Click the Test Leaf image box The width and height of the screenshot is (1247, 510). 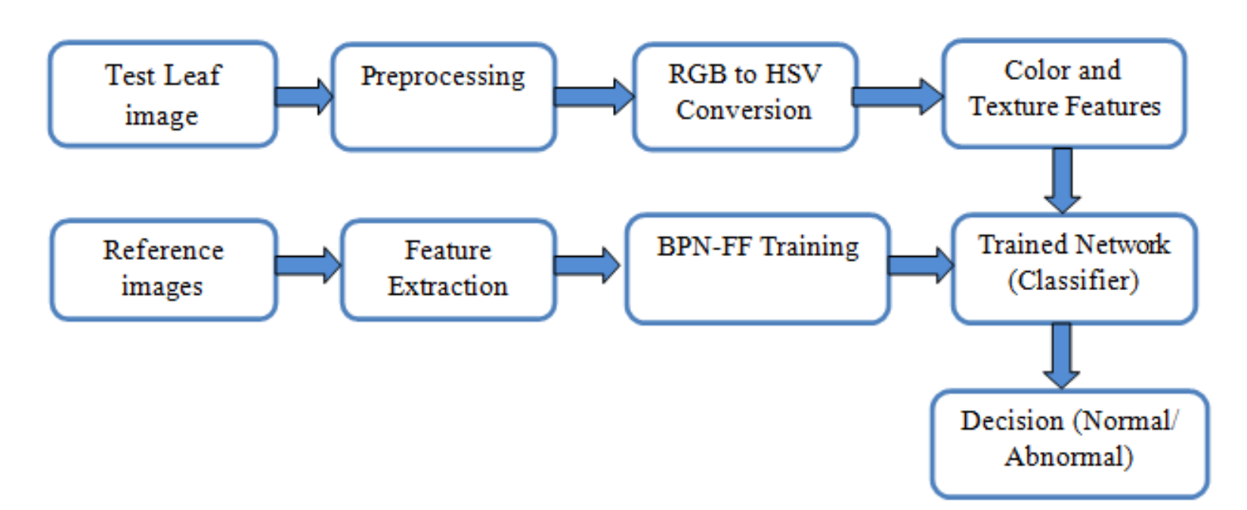click(x=163, y=94)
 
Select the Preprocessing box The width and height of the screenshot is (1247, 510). click(x=444, y=97)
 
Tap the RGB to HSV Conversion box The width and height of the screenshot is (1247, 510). click(x=745, y=97)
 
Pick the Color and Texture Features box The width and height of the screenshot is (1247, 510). click(x=1064, y=94)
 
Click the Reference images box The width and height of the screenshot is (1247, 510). click(x=164, y=270)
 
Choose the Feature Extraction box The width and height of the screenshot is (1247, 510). click(x=449, y=270)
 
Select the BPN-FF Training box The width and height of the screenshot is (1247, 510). click(x=758, y=269)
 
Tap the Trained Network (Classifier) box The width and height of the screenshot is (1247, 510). click(x=1075, y=269)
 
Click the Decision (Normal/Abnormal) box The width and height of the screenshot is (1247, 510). click(x=1069, y=444)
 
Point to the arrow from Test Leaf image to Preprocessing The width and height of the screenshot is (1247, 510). click(x=304, y=97)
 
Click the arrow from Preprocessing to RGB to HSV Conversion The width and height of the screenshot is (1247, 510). click(x=594, y=97)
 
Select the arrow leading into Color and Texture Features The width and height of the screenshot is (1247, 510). click(x=897, y=97)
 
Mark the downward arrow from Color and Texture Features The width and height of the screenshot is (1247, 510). click(x=1063, y=181)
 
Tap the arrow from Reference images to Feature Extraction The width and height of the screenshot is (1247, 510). click(x=308, y=265)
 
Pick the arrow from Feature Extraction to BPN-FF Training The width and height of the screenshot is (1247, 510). click(x=587, y=265)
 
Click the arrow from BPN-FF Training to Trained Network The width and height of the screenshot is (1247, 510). click(x=921, y=265)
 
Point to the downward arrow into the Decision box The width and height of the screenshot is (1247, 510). click(x=1062, y=357)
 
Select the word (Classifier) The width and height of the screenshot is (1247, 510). click(x=1073, y=280)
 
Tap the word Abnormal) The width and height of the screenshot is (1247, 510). click(x=1069, y=457)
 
